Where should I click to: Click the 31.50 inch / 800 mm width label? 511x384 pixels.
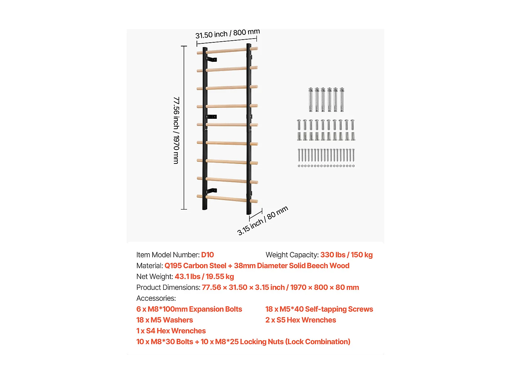[x=228, y=34]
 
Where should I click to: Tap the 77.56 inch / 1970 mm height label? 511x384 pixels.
[x=176, y=130]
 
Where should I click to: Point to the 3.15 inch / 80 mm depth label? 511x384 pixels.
[x=263, y=221]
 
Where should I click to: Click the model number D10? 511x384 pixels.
[x=207, y=255]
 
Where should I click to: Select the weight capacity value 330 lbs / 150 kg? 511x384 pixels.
[x=346, y=255]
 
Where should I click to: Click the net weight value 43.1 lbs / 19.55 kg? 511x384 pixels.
[x=204, y=276]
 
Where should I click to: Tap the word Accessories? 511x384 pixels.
[x=156, y=298]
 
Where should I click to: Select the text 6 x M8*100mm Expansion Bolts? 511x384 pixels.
[x=189, y=309]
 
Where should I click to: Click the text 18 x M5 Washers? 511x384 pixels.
[x=165, y=320]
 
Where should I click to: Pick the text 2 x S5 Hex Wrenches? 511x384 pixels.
[x=300, y=320]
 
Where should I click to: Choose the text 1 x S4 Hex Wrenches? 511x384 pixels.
[x=171, y=331]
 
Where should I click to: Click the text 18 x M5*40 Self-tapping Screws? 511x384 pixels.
[x=319, y=309]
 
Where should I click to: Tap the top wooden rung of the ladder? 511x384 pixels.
[x=227, y=51]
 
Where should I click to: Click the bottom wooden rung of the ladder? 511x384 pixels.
[x=227, y=199]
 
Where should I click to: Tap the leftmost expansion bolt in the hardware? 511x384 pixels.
[x=311, y=99]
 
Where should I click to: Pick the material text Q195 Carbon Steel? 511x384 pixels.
[x=195, y=266]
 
